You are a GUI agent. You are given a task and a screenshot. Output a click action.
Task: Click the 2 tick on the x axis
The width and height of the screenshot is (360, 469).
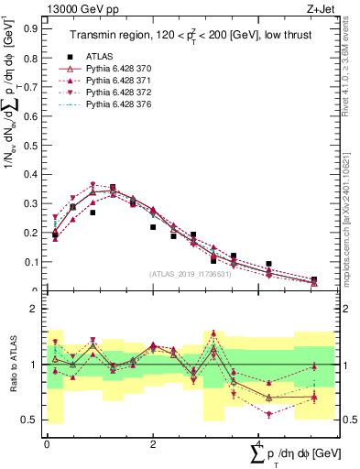[x=153, y=443]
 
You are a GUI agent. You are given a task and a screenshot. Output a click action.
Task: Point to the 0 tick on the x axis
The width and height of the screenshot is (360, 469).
[x=47, y=443]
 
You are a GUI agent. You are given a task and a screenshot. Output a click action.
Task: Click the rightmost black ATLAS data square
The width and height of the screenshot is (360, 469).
[x=314, y=279]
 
